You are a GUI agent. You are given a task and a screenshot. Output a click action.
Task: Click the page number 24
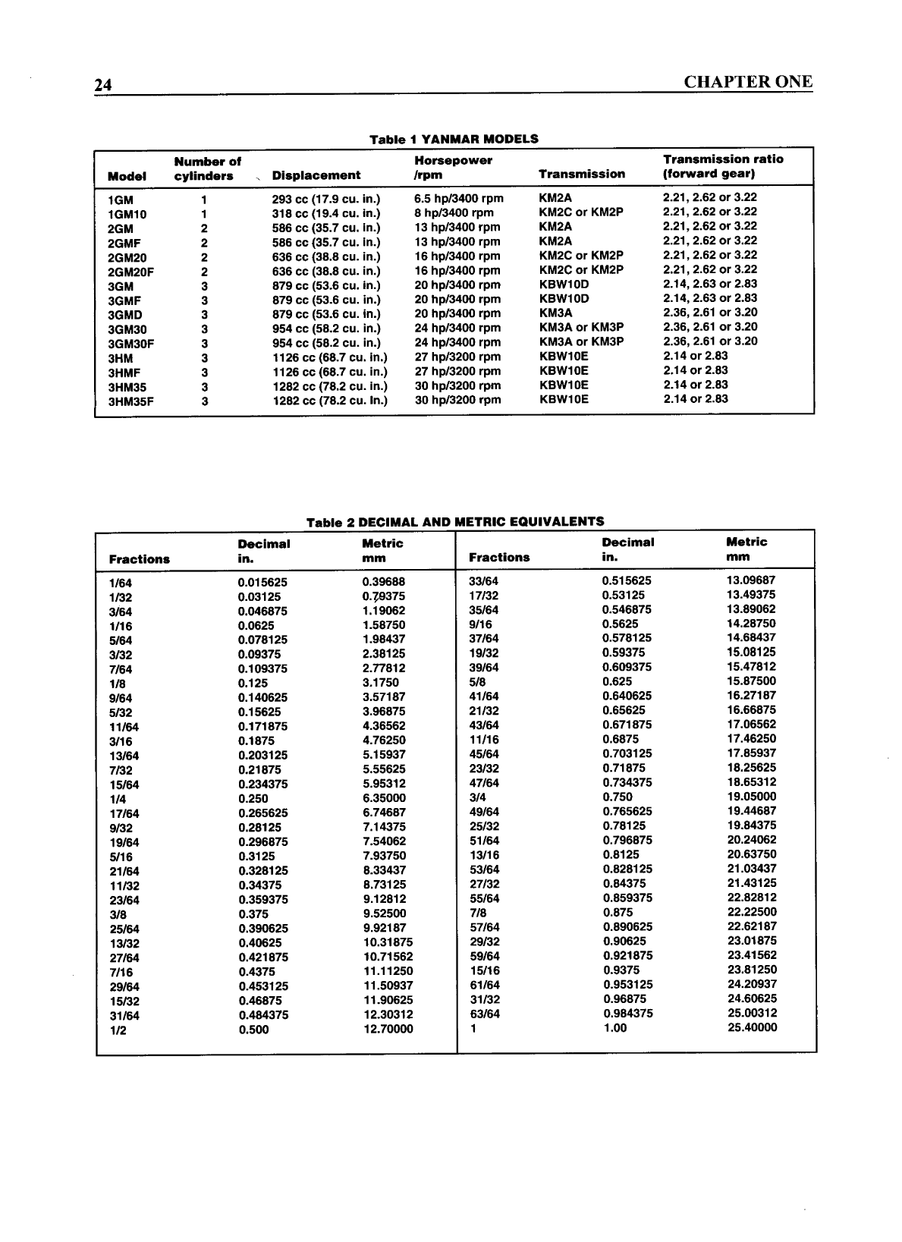(x=103, y=85)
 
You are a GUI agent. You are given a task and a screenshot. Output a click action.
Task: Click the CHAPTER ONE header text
(x=747, y=82)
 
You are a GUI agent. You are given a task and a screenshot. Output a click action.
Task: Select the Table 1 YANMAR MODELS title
(x=454, y=139)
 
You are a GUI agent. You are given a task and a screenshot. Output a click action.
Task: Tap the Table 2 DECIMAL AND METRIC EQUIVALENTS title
(x=455, y=521)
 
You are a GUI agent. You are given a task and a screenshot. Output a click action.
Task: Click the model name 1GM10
(x=127, y=214)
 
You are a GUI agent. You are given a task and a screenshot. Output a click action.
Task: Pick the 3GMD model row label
(x=125, y=315)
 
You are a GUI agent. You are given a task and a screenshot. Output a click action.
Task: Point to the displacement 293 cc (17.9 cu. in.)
(x=326, y=199)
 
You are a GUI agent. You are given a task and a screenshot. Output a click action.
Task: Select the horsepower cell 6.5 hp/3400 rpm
(x=459, y=198)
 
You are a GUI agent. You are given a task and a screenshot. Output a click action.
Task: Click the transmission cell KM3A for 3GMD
(x=555, y=313)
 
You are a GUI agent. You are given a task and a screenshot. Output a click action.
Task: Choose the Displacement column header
(x=316, y=175)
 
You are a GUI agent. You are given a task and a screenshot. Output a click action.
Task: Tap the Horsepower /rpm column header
(x=453, y=168)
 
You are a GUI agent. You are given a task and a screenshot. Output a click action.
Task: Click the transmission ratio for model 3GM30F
(x=710, y=341)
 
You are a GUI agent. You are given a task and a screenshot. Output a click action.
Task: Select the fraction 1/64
(x=120, y=583)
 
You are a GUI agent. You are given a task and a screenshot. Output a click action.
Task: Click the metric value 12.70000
(x=388, y=1030)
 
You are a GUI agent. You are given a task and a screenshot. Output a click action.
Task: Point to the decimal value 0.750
(x=618, y=797)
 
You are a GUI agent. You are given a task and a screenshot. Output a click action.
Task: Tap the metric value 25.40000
(x=752, y=1027)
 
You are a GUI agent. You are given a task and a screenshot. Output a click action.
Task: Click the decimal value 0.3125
(x=256, y=857)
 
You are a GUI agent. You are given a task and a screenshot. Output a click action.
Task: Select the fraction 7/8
(x=478, y=913)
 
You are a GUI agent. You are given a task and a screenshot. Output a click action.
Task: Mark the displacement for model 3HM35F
(x=330, y=401)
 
